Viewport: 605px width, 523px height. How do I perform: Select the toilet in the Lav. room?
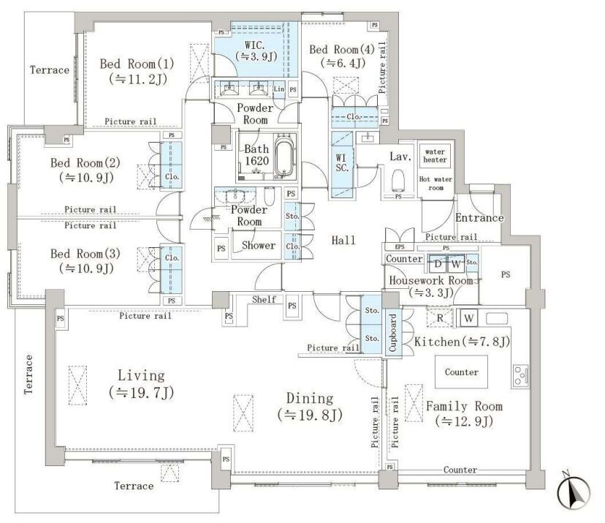(397, 180)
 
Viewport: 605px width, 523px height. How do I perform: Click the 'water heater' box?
(435, 156)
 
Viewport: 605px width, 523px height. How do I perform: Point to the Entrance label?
(479, 218)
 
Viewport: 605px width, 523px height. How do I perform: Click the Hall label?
(343, 240)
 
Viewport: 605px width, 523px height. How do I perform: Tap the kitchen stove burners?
(520, 375)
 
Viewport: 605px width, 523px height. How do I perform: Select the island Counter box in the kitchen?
(462, 372)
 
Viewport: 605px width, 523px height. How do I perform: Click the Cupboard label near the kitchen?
(393, 333)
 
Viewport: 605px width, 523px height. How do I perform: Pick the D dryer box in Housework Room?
(438, 264)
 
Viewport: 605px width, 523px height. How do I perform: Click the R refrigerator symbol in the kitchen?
(440, 319)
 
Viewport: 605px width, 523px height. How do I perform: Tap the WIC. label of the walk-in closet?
(255, 45)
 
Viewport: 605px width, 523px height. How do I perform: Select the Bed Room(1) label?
(137, 64)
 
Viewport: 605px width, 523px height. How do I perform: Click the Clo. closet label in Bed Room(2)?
(172, 177)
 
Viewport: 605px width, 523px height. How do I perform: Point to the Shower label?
(259, 245)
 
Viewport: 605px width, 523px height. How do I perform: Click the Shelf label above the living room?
(265, 299)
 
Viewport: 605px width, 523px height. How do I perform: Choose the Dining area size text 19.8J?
(310, 415)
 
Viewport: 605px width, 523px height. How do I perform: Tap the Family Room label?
(464, 407)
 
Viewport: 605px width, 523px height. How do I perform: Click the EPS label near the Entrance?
(400, 247)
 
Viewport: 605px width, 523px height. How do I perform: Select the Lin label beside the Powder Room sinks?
(279, 89)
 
